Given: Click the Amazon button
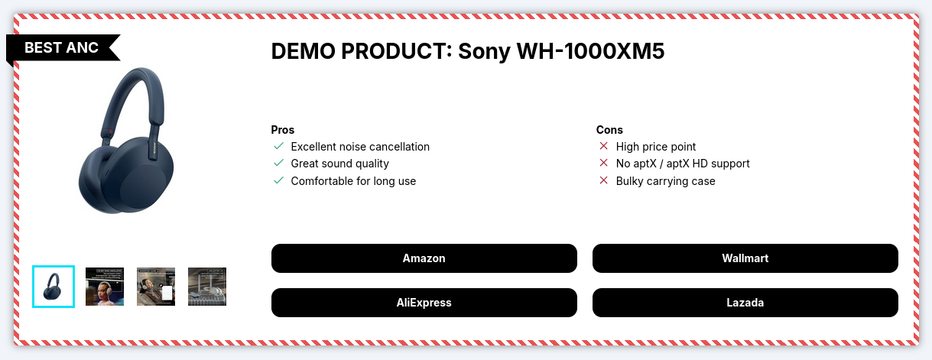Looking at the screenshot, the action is pos(424,258).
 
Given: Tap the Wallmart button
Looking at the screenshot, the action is pos(745,258).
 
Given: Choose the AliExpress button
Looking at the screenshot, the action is pos(424,303).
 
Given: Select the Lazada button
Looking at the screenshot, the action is pos(745,303).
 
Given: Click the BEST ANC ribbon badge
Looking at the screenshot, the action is pos(63,48).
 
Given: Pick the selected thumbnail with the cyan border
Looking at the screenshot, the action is pos(54,287).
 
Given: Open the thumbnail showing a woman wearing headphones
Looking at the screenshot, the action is pos(105,287).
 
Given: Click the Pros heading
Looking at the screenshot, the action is pos(283,130).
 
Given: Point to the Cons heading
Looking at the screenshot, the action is pos(609,130).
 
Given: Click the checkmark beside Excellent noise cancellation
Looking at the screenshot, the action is pos(279,146).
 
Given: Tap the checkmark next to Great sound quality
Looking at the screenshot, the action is pos(279,163).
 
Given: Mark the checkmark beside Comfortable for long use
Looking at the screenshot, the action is pos(279,180).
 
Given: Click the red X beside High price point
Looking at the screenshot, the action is pos(604,146).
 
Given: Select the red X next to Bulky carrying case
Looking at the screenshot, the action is pos(604,180).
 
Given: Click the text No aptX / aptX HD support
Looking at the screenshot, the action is pos(683,164).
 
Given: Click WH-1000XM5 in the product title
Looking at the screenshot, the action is pos(590,51).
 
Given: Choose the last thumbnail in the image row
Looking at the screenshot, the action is pos(207,287).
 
